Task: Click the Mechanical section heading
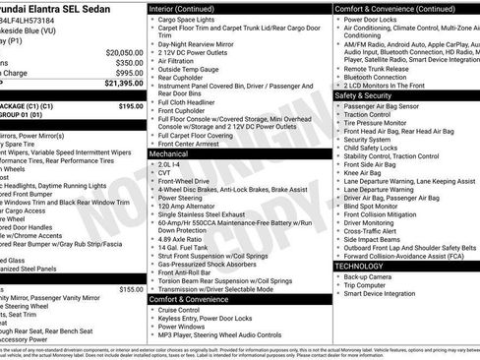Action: pyautogui.click(x=174, y=154)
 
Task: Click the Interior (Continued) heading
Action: pyautogui.click(x=189, y=8)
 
